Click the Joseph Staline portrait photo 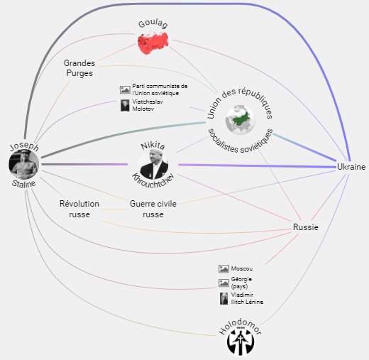point(24,165)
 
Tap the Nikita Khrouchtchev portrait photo point(153,165)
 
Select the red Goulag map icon point(153,43)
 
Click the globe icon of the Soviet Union point(241,120)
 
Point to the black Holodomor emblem point(241,341)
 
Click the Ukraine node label point(351,167)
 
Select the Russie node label point(306,227)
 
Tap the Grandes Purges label point(79,68)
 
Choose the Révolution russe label point(79,209)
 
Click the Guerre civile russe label point(153,209)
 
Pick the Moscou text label point(242,268)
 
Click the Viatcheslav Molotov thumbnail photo point(125,105)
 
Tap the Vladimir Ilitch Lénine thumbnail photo point(224,298)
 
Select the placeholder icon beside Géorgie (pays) point(224,283)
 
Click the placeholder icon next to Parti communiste point(125,89)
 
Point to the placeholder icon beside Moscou point(224,268)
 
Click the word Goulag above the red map point(153,24)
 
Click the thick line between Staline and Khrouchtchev point(84,164)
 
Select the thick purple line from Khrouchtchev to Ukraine point(258,165)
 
